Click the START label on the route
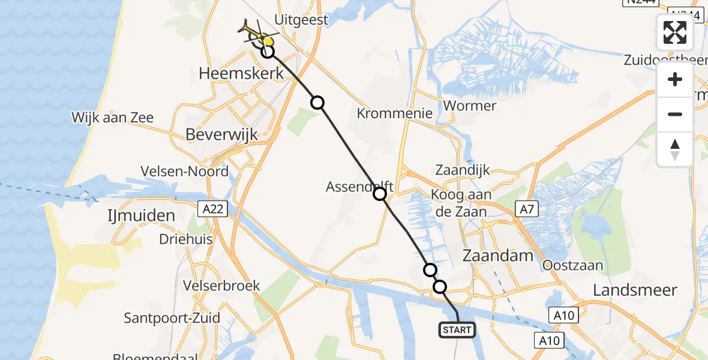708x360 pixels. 457,329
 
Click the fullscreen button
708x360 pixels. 675,32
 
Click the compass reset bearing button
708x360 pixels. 675,149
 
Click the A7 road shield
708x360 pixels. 526,209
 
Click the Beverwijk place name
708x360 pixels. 221,134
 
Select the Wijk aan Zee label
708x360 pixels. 113,118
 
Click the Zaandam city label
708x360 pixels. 498,256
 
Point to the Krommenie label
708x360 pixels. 395,113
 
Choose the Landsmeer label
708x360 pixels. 635,290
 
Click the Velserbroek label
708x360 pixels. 223,285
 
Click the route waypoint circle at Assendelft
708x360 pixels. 380,193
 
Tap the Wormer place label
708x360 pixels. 469,106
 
